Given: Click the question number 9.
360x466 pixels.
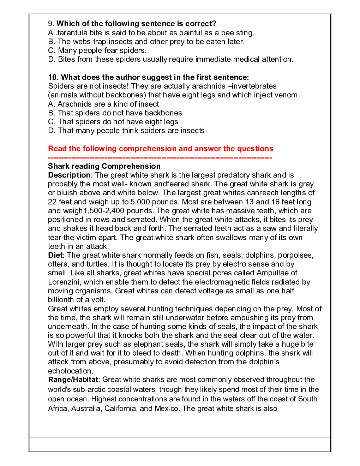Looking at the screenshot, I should click(x=50, y=24).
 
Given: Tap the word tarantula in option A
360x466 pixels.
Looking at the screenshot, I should click(x=72, y=33).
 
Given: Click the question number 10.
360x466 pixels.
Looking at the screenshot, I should click(x=53, y=77).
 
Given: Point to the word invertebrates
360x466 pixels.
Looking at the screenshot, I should click(x=254, y=86).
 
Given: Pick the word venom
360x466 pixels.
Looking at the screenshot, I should click(x=287, y=95).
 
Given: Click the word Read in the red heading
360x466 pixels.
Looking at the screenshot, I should click(x=57, y=149).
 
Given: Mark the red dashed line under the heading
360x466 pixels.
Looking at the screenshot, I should click(x=160, y=157).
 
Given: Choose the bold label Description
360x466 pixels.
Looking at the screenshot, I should click(x=69, y=175).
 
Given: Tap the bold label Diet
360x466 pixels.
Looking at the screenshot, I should click(x=55, y=255).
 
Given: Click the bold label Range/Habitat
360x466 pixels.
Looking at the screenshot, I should click(x=73, y=380).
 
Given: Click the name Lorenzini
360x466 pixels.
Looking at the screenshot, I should click(x=65, y=282).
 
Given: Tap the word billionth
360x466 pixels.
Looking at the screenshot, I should click(x=61, y=300).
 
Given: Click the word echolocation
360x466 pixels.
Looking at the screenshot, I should click(x=70, y=371).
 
